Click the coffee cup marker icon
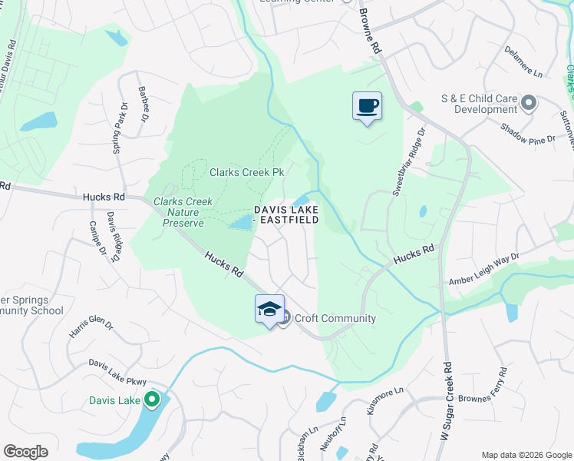[367, 105]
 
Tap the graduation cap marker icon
[269, 309]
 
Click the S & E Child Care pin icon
[528, 101]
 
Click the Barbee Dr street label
[143, 104]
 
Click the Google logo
[25, 452]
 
